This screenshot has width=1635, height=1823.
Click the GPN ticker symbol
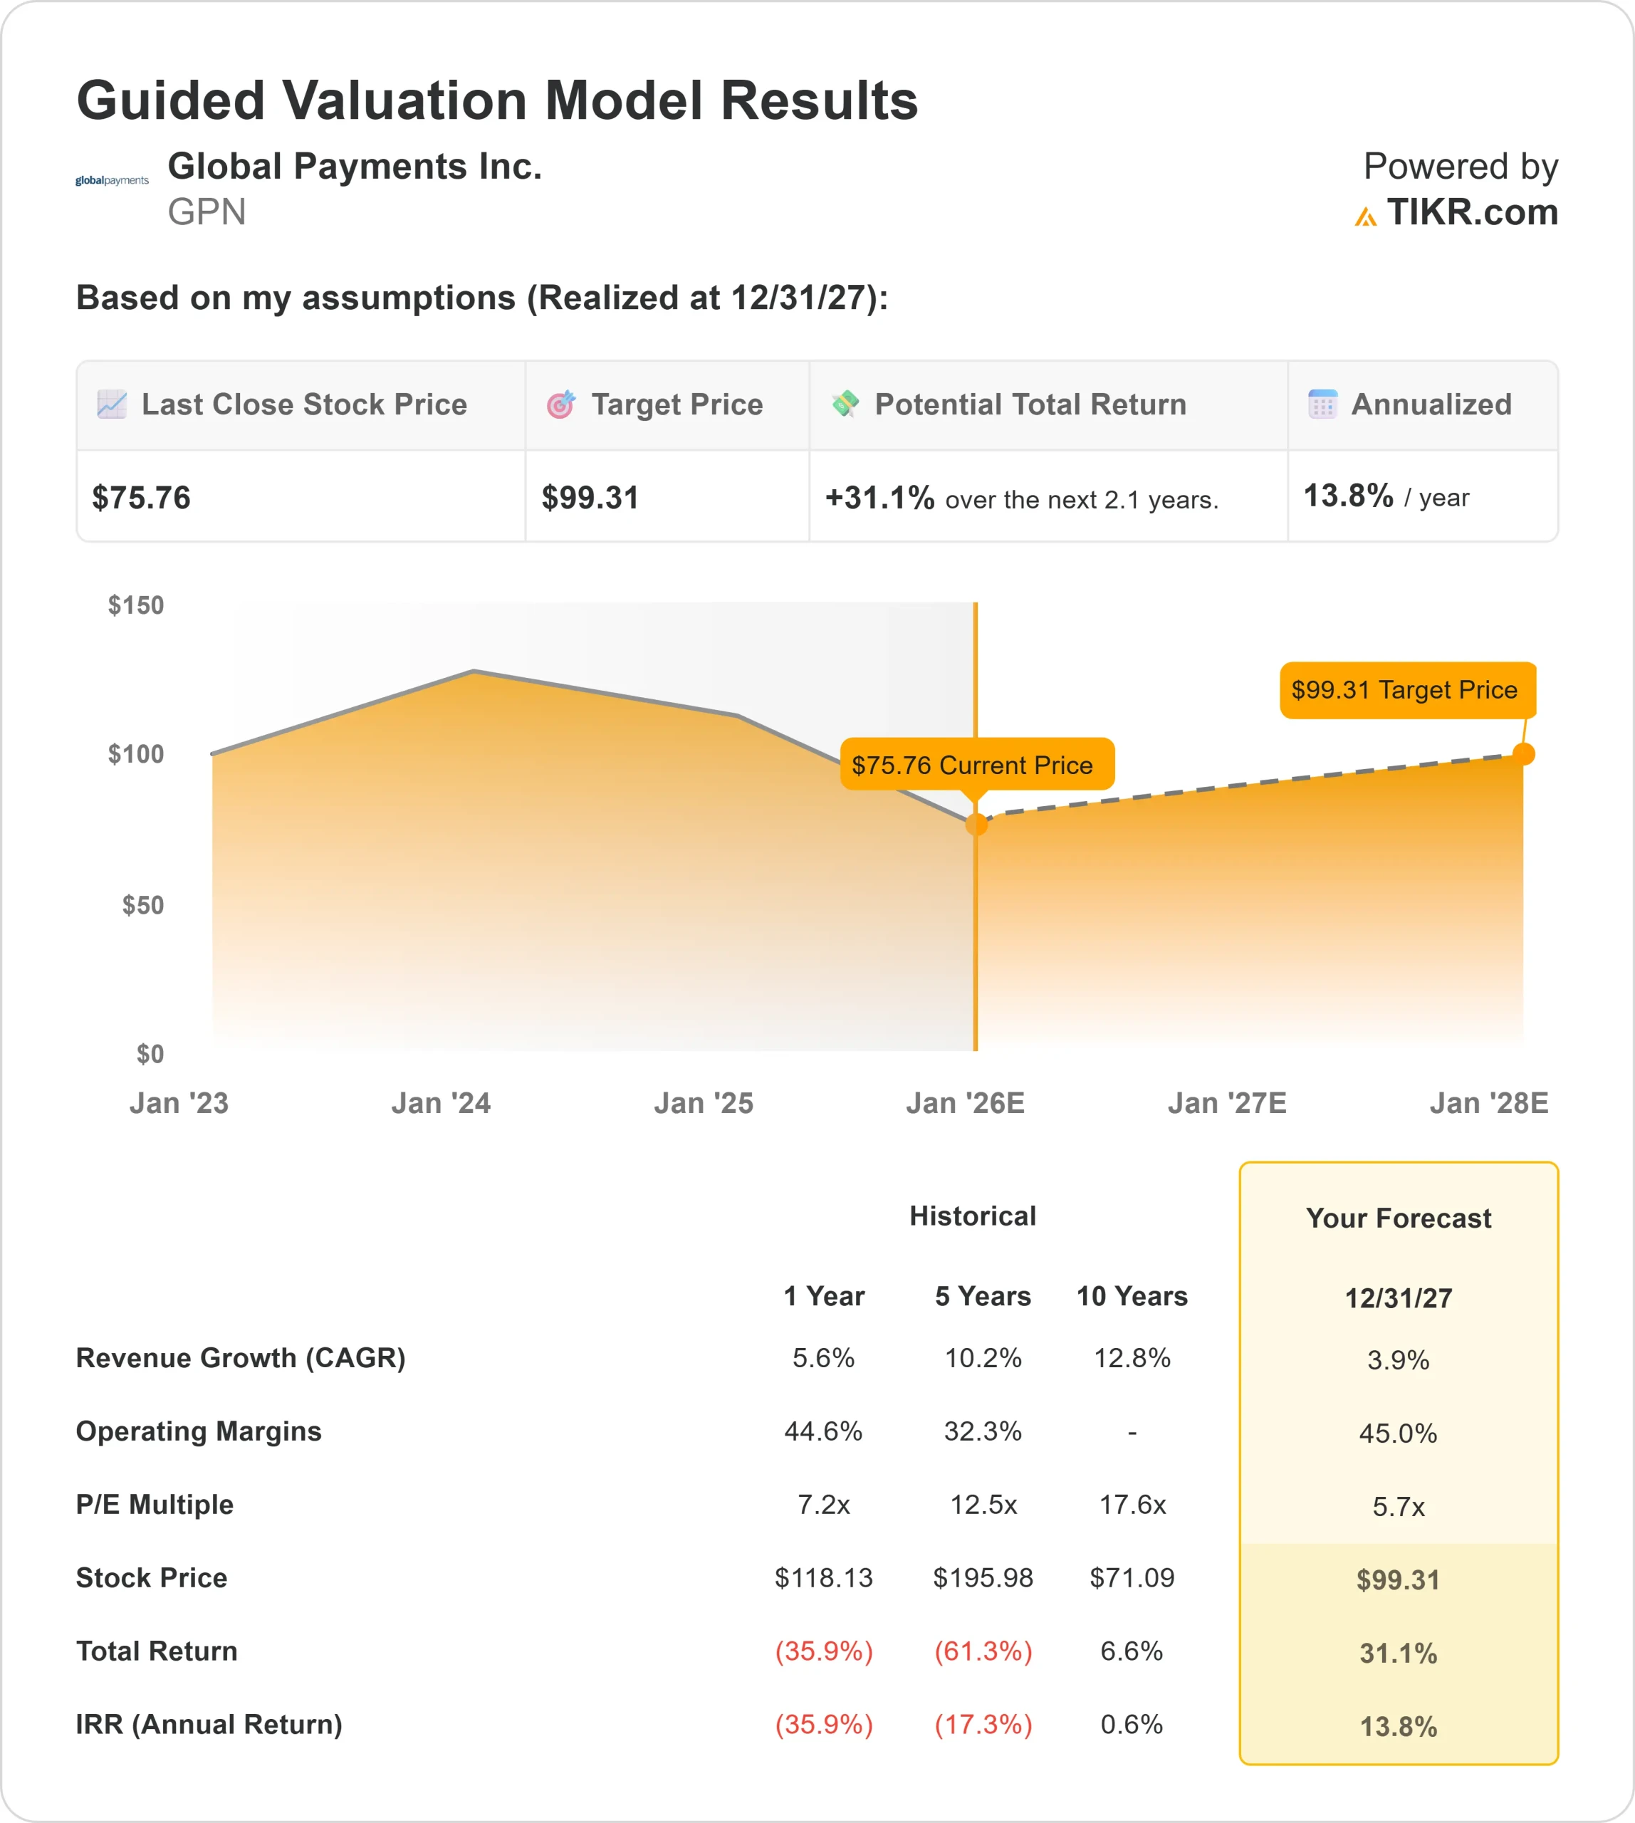click(x=207, y=213)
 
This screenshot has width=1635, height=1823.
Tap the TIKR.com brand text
click(x=1471, y=213)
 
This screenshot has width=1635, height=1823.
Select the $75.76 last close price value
click(x=141, y=498)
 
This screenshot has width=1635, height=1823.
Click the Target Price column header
click(x=676, y=405)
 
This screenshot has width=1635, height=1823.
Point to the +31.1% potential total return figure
click(x=879, y=498)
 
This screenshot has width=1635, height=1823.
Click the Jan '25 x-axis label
click(x=704, y=1103)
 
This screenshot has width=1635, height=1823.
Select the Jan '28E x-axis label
click(x=1488, y=1103)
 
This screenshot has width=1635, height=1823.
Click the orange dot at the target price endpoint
click(x=1524, y=754)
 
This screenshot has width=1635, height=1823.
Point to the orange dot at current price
click(x=976, y=824)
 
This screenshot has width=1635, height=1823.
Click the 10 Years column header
click(x=1132, y=1297)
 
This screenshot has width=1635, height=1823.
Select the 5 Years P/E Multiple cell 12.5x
click(x=983, y=1505)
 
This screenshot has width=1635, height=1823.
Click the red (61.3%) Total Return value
click(x=983, y=1651)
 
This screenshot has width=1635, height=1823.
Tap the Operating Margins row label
click(x=199, y=1431)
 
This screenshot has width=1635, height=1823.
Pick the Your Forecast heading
click(x=1398, y=1218)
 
